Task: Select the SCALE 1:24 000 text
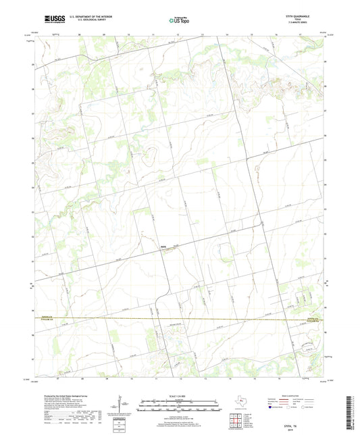pyautogui.click(x=180, y=395)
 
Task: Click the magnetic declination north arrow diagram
pyautogui.click(x=120, y=405)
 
